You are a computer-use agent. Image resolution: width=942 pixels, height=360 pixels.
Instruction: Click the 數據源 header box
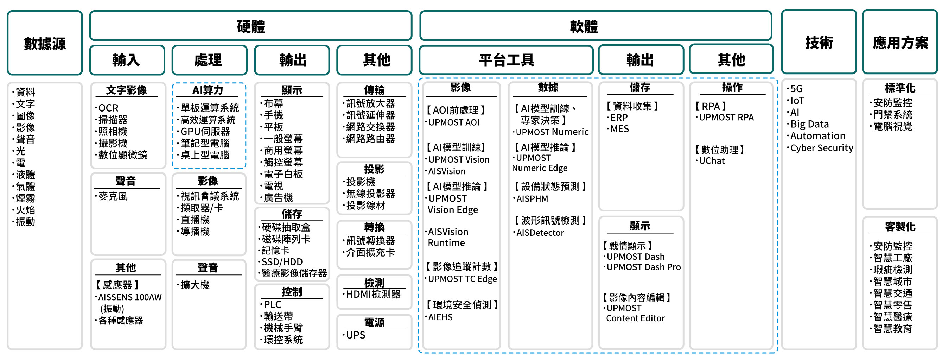[x=45, y=43]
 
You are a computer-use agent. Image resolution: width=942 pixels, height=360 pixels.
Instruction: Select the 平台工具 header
[x=506, y=59]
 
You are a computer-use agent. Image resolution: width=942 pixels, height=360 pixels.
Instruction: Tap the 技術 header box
[x=819, y=42]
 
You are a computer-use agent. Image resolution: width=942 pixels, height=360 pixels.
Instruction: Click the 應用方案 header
[x=900, y=42]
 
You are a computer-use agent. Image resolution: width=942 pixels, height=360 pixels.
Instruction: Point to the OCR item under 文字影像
[x=108, y=108]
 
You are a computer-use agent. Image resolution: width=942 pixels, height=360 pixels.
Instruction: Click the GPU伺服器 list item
[x=205, y=131]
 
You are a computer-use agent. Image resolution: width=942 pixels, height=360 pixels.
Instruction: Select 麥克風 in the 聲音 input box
[x=113, y=196]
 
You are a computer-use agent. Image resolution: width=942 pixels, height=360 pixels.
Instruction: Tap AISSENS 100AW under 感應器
[x=130, y=297]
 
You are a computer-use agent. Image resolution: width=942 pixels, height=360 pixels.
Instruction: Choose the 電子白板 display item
[x=283, y=174]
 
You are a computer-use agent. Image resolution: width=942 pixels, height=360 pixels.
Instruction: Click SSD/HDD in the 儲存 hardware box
[x=282, y=262]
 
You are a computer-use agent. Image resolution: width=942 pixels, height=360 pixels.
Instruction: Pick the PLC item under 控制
[x=272, y=304]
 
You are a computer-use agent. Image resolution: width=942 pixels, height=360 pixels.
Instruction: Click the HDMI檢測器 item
[x=373, y=294]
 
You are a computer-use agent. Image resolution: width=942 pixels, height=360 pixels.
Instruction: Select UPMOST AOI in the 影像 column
[x=453, y=122]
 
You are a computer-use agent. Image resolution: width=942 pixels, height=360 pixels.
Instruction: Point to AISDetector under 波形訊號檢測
[x=540, y=233]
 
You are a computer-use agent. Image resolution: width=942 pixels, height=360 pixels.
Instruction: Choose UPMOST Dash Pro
[x=644, y=267]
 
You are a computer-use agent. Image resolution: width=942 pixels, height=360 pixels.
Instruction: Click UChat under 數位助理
[x=712, y=161]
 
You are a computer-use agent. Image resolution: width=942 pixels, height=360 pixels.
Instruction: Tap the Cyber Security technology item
[x=822, y=148]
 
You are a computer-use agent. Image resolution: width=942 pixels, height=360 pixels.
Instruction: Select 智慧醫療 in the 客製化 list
[x=893, y=316]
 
